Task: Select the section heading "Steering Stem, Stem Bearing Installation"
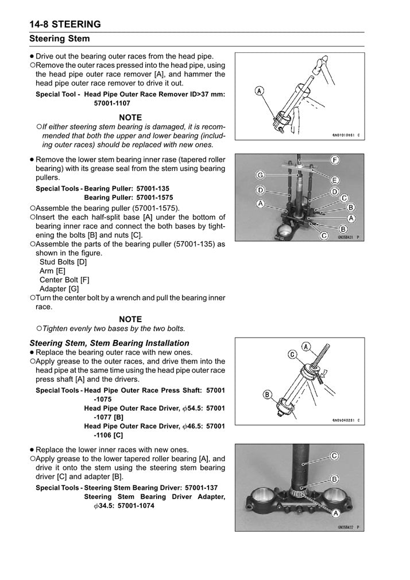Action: (x=109, y=343)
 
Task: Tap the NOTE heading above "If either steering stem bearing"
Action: (x=130, y=117)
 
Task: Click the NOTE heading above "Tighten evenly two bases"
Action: (x=130, y=319)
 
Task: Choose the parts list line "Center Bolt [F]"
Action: (x=64, y=280)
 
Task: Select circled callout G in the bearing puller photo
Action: (x=260, y=175)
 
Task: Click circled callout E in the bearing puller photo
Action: (x=335, y=179)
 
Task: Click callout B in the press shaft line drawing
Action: (x=268, y=395)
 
